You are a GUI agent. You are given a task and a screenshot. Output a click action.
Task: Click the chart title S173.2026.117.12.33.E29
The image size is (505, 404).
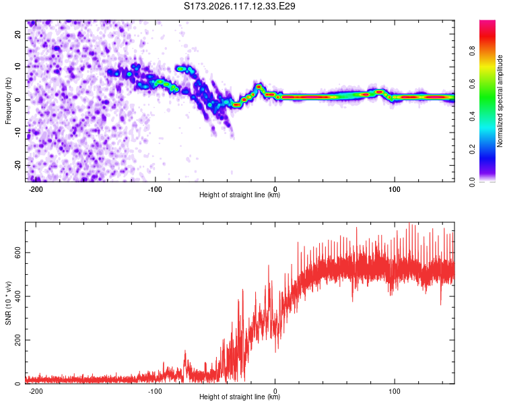click(x=239, y=6)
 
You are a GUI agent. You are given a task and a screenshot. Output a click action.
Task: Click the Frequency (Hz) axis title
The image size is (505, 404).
click(x=8, y=101)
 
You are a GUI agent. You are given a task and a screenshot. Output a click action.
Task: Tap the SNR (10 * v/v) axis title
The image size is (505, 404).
click(x=8, y=303)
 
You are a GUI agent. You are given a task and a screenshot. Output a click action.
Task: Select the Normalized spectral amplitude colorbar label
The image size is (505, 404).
click(x=500, y=101)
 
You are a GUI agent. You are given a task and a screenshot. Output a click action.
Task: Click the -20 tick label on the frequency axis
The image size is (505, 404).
click(x=18, y=166)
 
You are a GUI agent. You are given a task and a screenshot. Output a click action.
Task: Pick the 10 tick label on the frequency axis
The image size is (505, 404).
click(x=18, y=67)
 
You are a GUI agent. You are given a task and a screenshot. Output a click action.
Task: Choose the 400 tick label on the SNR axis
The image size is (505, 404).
click(x=18, y=296)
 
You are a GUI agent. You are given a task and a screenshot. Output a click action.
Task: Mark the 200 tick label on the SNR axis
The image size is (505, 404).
click(x=18, y=340)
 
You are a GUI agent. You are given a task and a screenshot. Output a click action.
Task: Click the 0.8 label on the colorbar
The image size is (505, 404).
click(x=472, y=50)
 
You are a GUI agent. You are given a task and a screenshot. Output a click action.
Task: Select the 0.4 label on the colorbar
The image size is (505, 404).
click(x=472, y=116)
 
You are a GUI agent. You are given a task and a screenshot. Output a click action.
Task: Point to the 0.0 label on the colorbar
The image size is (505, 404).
click(x=472, y=182)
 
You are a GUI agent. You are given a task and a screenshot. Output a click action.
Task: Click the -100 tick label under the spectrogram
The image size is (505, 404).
click(x=155, y=189)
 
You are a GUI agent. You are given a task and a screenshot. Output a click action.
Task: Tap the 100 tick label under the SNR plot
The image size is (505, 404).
click(x=394, y=391)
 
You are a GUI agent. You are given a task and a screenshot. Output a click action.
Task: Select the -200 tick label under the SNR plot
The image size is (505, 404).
click(x=36, y=391)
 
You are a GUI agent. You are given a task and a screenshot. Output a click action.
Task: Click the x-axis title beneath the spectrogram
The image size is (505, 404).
click(x=240, y=195)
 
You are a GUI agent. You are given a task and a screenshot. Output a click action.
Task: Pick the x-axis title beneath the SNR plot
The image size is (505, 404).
click(x=240, y=397)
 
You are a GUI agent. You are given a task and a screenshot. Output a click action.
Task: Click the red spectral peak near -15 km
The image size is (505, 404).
click(x=259, y=87)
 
